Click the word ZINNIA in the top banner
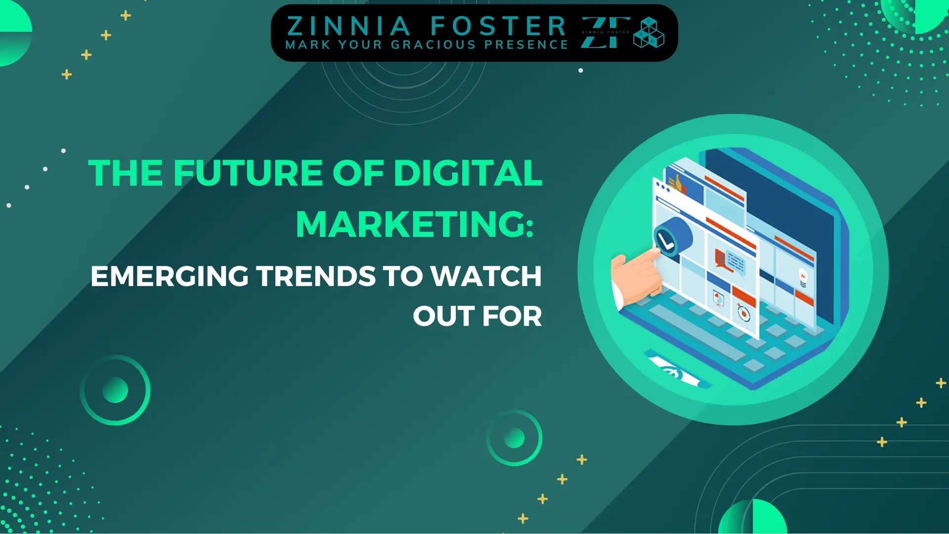pyautogui.click(x=349, y=26)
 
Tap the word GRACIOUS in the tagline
pyautogui.click(x=433, y=45)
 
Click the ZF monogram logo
pyautogui.click(x=605, y=33)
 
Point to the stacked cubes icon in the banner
pyautogui.click(x=648, y=33)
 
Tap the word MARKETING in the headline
pyautogui.click(x=410, y=224)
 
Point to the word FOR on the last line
pyautogui.click(x=512, y=316)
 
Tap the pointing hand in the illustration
pyautogui.click(x=635, y=277)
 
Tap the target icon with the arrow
pyautogui.click(x=743, y=313)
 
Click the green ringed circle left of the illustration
pyautogui.click(x=115, y=390)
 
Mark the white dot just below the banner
pyautogui.click(x=581, y=71)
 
